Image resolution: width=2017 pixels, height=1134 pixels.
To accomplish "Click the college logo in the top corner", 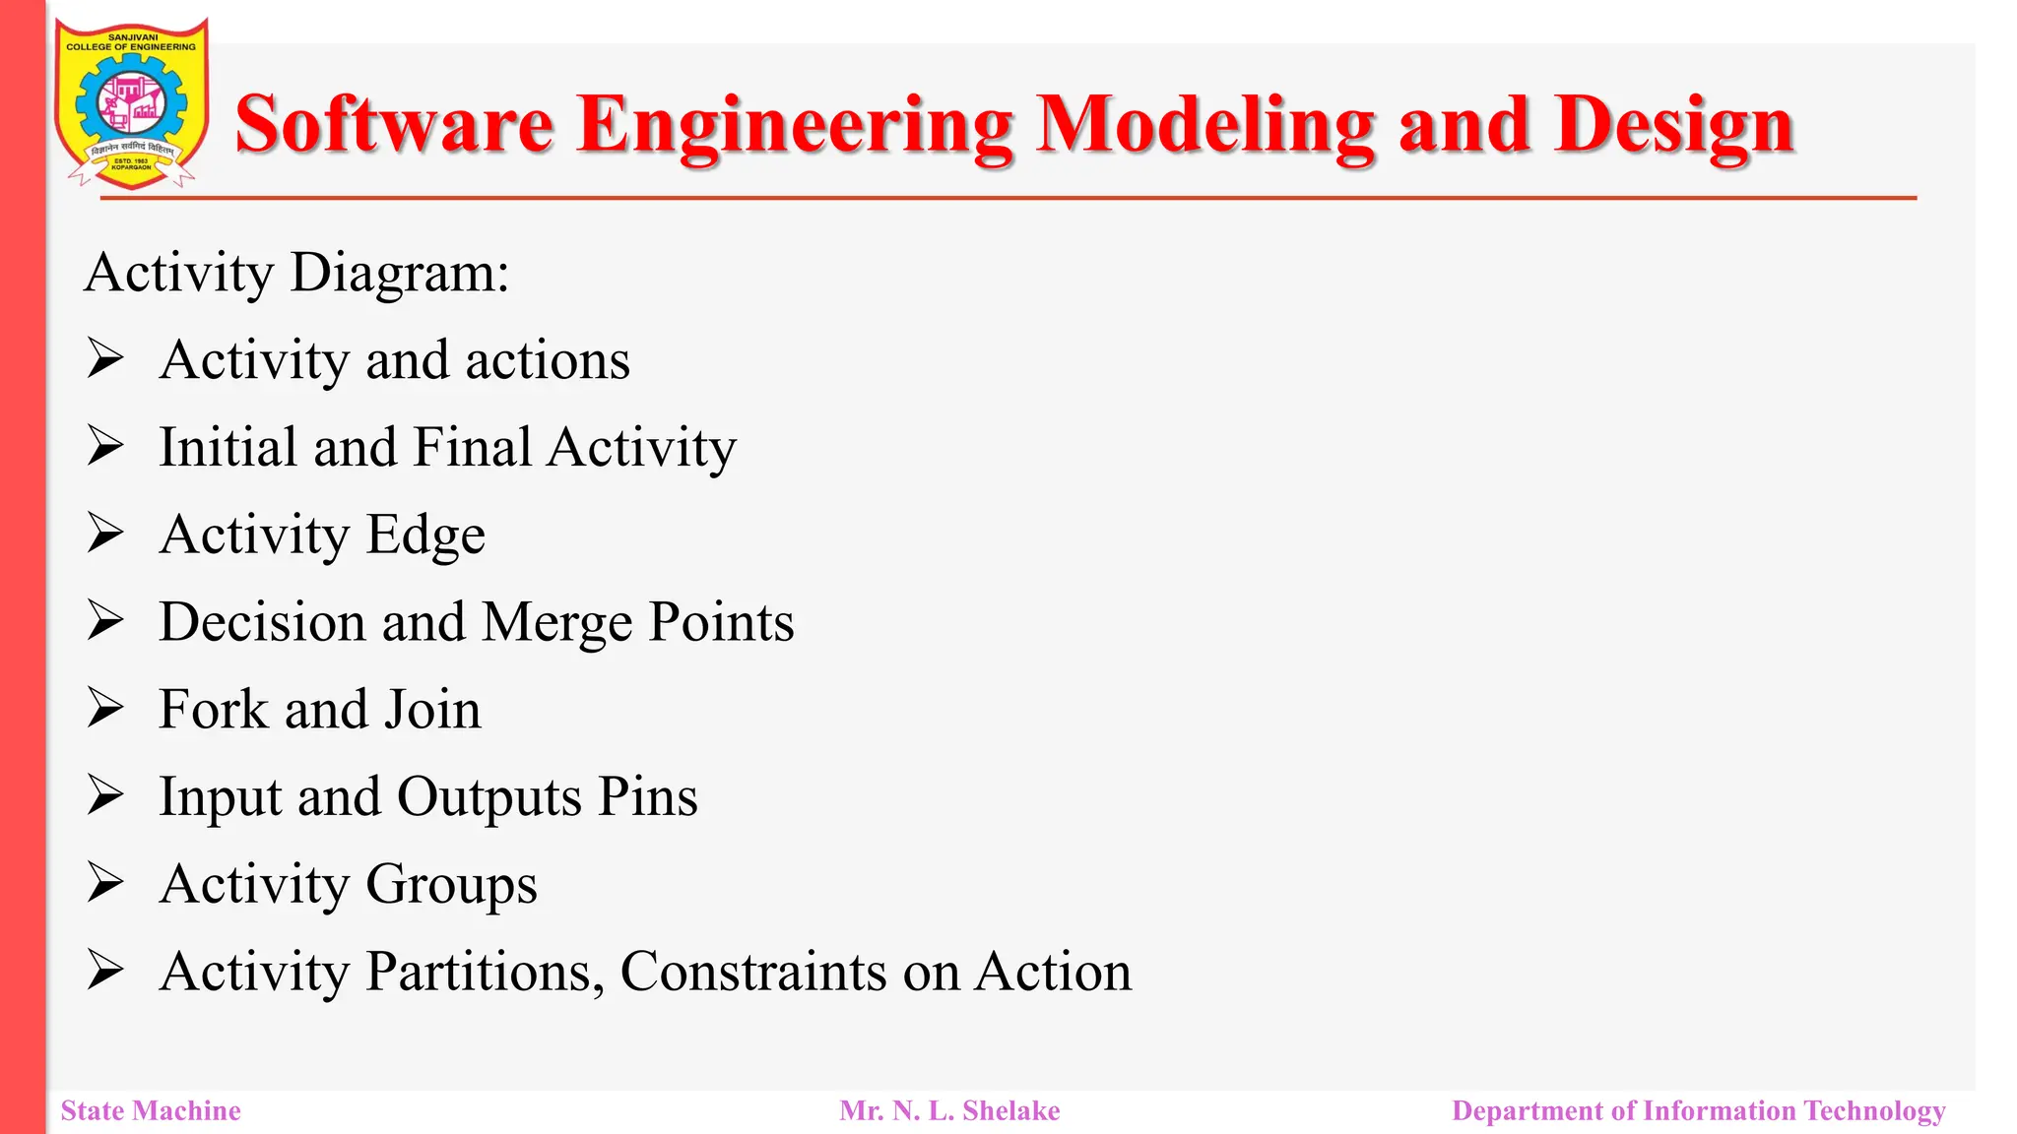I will click(x=131, y=103).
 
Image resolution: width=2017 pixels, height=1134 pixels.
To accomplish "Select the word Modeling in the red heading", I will click(x=1204, y=125).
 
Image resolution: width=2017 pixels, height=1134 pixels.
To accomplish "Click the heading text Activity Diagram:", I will click(x=296, y=273).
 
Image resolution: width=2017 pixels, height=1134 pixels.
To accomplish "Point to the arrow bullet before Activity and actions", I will click(x=104, y=358).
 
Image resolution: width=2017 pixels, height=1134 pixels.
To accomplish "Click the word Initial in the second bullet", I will click(x=228, y=447).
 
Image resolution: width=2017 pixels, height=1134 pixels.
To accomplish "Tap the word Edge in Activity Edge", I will click(x=425, y=535).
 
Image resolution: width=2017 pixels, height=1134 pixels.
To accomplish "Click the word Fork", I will click(x=214, y=710).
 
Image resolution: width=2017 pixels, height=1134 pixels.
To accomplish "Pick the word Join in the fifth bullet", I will click(x=432, y=710).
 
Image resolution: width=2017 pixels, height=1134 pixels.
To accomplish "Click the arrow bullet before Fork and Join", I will click(x=104, y=708).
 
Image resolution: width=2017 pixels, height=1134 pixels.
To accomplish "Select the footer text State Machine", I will click(x=151, y=1110).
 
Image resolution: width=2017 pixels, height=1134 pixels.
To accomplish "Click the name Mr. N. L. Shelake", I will click(x=949, y=1110).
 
